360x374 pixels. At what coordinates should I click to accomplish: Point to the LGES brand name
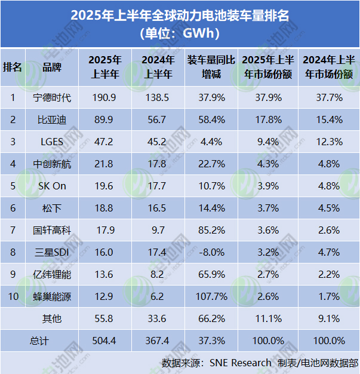point(52,141)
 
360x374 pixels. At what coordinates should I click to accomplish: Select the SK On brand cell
point(52,185)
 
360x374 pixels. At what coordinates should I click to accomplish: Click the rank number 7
point(13,229)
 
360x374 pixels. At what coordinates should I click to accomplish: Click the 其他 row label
point(52,318)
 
